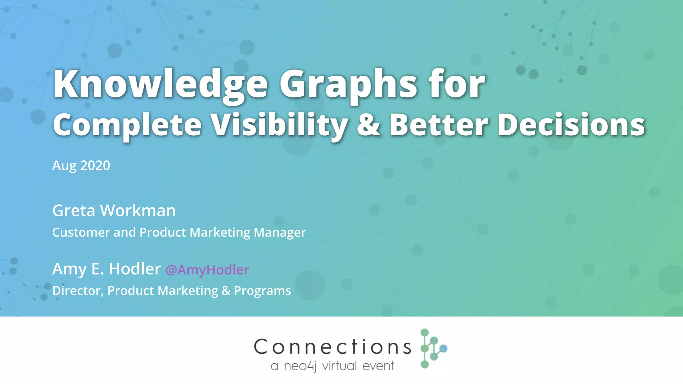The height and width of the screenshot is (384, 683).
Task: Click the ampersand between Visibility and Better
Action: coord(369,125)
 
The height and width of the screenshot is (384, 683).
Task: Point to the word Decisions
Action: coord(571,125)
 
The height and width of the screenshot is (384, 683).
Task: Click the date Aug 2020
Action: coord(81,165)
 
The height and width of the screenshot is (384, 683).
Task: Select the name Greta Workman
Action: coord(114,211)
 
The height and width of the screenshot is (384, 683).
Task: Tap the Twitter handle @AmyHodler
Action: coord(207,270)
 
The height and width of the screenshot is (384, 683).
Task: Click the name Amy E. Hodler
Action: coord(106,269)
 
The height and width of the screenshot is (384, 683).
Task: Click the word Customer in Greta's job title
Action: coord(81,232)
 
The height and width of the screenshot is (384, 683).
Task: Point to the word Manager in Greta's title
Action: coord(279,232)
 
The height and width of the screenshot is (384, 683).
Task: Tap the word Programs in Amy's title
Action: coord(262,291)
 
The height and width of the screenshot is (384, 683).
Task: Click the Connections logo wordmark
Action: coord(332,347)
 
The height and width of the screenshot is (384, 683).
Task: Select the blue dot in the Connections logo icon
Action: coord(443,349)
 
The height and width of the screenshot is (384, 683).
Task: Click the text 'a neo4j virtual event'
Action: coord(332,366)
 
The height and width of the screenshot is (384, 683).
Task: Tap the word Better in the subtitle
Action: coord(439,125)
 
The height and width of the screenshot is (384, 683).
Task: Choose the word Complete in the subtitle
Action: coord(127,125)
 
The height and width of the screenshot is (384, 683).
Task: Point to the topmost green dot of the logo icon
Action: coord(425,332)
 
